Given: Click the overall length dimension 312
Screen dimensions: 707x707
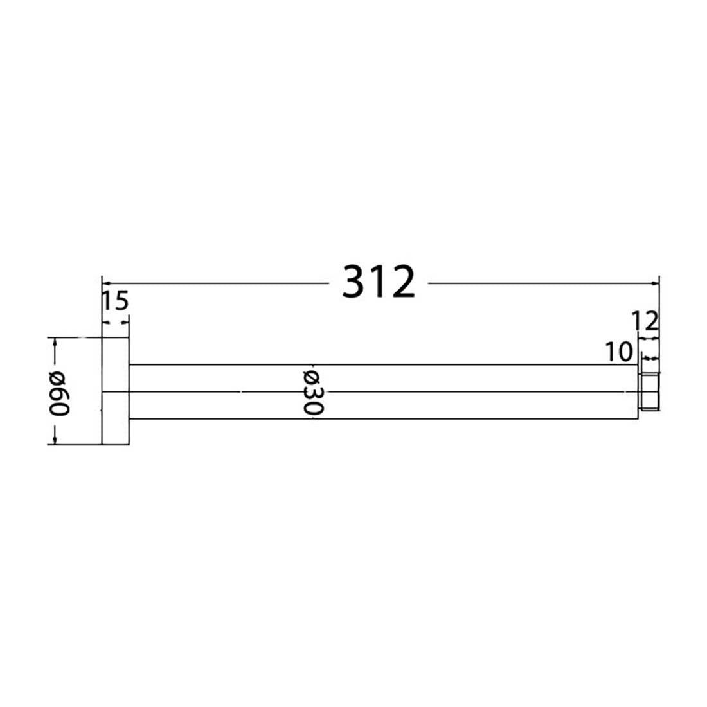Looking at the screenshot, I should pos(379,282).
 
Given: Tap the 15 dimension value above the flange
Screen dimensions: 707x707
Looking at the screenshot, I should pos(115,300).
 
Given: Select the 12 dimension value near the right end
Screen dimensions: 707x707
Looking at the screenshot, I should pos(645,320).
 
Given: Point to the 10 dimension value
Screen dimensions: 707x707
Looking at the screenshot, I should pos(619,352).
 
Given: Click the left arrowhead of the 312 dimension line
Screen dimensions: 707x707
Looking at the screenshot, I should pos(107,282).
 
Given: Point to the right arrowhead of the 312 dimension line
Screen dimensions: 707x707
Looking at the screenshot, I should pos(656,282).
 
